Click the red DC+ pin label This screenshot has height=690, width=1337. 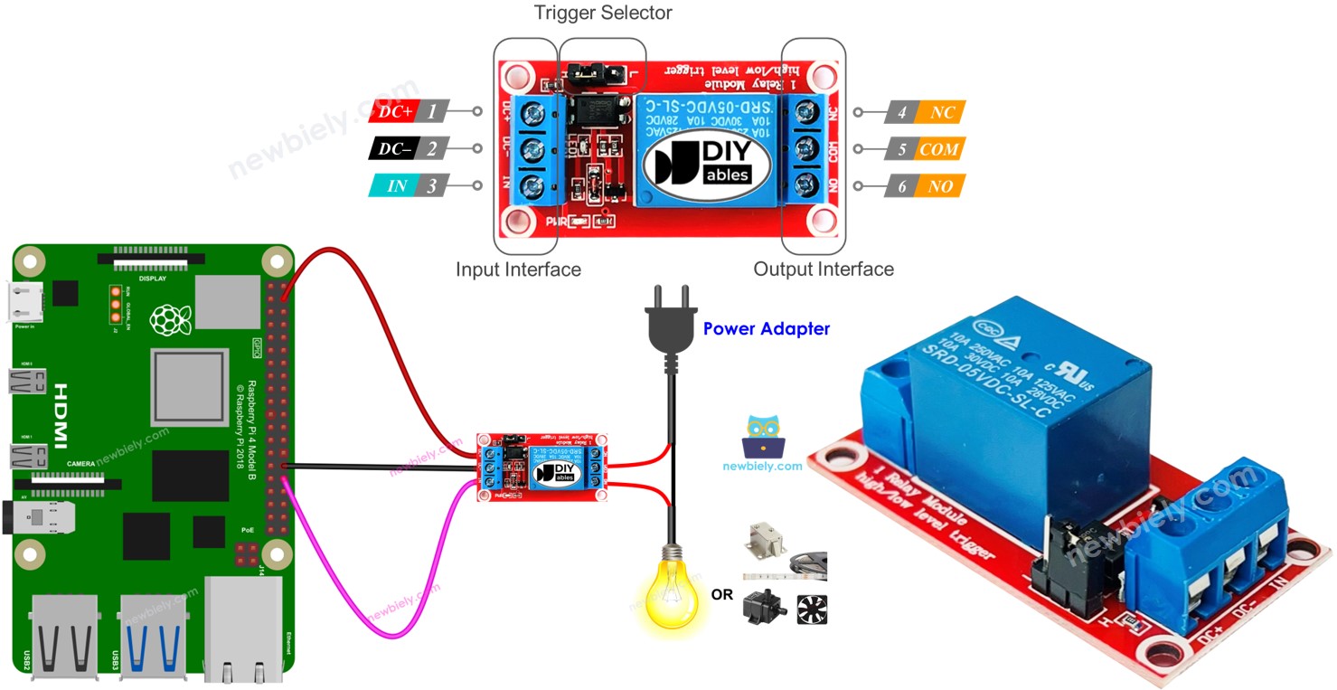pyautogui.click(x=395, y=111)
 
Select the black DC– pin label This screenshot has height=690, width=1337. pyautogui.click(x=395, y=149)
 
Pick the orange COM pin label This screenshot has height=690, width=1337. pyautogui.click(x=938, y=149)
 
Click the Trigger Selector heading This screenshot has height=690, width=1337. pyautogui.click(x=603, y=13)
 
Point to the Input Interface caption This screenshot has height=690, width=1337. pyautogui.click(x=518, y=269)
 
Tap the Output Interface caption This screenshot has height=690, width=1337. pyautogui.click(x=824, y=269)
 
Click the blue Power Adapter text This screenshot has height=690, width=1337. pyautogui.click(x=766, y=329)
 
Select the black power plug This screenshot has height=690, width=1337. pyautogui.click(x=670, y=326)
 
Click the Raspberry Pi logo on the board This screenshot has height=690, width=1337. pyautogui.click(x=165, y=318)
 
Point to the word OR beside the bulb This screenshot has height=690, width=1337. pyautogui.click(x=722, y=595)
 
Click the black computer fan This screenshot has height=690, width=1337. pyautogui.click(x=812, y=610)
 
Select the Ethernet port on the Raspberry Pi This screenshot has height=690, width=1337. pyautogui.click(x=242, y=629)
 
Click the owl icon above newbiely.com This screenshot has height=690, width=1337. pyautogui.click(x=762, y=436)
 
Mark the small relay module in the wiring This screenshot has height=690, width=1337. pyautogui.click(x=541, y=467)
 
